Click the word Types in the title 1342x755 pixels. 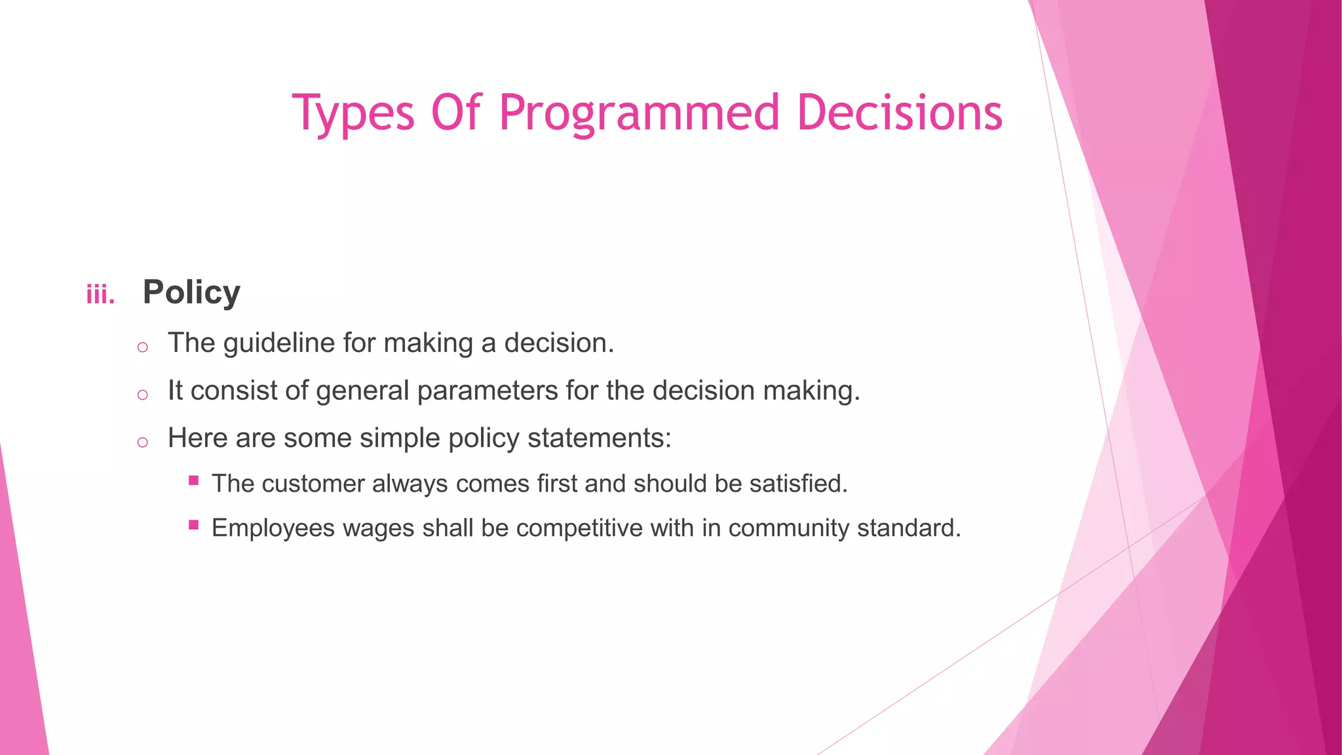tap(353, 113)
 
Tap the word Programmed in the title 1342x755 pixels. tap(639, 113)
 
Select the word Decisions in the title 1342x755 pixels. tap(900, 113)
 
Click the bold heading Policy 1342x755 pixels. tap(191, 292)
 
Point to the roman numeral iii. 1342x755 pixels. tap(100, 295)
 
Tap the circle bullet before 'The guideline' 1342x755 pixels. tap(143, 347)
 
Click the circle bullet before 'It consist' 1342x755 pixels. tap(143, 395)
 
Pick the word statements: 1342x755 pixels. tap(600, 438)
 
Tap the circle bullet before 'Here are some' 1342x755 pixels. tap(143, 442)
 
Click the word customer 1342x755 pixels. tap(313, 484)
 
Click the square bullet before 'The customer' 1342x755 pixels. tap(193, 480)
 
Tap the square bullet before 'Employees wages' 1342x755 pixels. tap(193, 525)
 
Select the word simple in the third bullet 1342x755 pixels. tap(393, 438)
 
